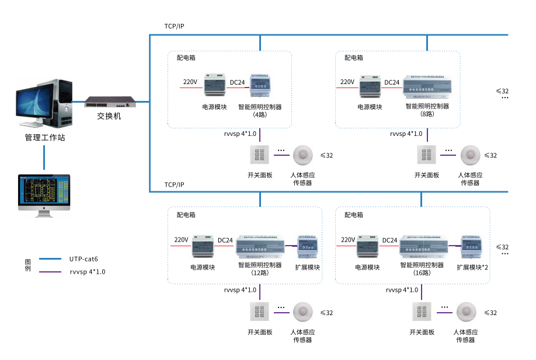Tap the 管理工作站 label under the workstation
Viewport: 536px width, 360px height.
[44, 138]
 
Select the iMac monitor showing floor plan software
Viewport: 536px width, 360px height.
[44, 193]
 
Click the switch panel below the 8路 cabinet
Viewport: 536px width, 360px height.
[426, 156]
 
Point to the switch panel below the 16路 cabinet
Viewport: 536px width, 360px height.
[422, 312]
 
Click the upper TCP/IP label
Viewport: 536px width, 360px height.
[174, 27]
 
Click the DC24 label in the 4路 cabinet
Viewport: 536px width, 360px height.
[237, 82]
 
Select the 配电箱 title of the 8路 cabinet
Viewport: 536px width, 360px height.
[353, 58]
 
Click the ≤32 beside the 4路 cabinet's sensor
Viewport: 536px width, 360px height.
[326, 155]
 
